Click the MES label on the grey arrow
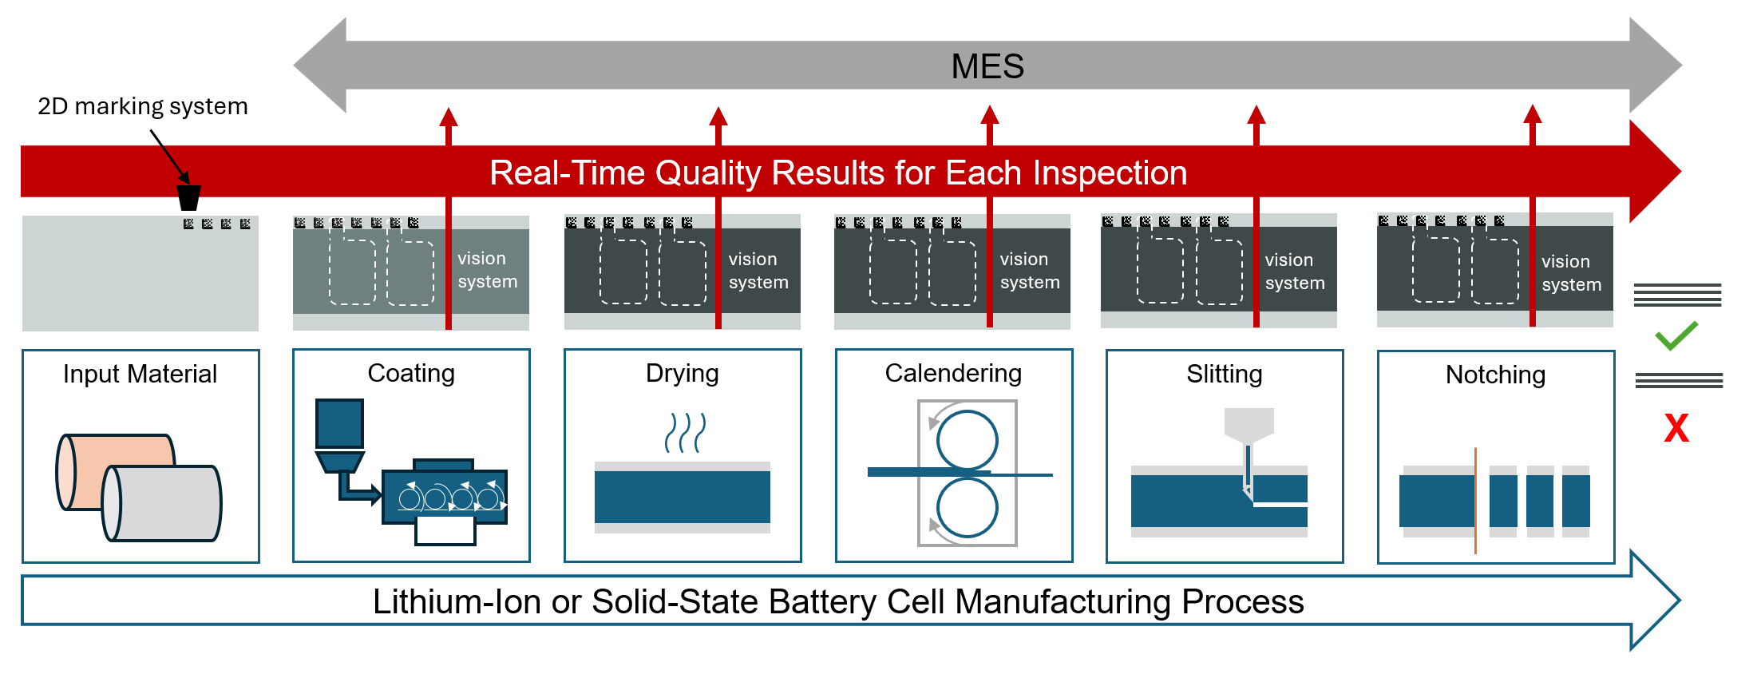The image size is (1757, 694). (x=987, y=66)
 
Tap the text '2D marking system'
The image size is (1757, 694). (x=143, y=106)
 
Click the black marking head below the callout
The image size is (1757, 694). (x=188, y=197)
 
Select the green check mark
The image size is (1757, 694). (x=1676, y=335)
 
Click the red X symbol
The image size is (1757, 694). (x=1676, y=428)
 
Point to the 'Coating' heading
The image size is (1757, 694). (x=411, y=373)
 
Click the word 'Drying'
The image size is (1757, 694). (x=683, y=373)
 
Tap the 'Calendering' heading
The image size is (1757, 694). (x=953, y=373)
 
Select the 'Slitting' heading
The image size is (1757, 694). (x=1225, y=374)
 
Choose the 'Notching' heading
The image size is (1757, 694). (x=1495, y=375)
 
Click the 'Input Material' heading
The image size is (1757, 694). (x=140, y=374)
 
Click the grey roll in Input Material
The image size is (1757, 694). (x=164, y=503)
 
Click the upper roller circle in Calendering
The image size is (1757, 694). (x=967, y=440)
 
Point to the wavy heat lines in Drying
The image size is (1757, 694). (x=685, y=433)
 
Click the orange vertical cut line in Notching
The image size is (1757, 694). (x=1475, y=500)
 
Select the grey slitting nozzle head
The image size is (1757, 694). (x=1248, y=424)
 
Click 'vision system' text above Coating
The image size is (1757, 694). (x=487, y=270)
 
